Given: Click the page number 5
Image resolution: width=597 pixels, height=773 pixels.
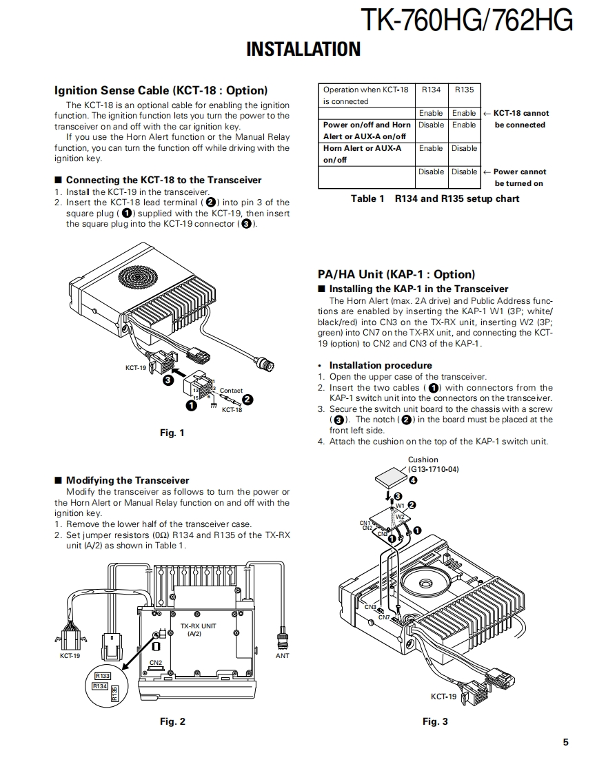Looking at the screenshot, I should point(565,742).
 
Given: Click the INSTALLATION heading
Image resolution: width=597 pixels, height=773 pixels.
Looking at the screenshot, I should point(303,49).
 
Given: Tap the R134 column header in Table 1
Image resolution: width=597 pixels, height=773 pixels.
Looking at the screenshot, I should point(431,90).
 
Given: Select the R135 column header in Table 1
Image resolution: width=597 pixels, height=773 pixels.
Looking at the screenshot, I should point(464,90).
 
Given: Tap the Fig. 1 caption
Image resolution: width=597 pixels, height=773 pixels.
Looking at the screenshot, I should point(172,433).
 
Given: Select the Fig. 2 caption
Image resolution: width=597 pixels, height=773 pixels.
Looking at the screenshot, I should point(172,721).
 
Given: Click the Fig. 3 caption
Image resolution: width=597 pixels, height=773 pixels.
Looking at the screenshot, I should point(435,721).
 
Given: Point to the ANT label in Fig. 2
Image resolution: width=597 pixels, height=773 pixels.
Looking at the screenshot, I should point(283,656).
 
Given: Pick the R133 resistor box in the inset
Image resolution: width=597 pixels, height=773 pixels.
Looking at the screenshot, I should point(102,676).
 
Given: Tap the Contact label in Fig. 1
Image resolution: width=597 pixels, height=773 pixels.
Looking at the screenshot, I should point(231,391).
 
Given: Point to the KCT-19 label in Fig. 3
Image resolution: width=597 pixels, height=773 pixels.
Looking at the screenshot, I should point(443,697).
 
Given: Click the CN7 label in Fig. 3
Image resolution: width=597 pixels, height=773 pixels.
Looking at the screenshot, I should point(384,617).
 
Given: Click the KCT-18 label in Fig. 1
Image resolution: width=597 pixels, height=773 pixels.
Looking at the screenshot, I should point(232,410).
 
